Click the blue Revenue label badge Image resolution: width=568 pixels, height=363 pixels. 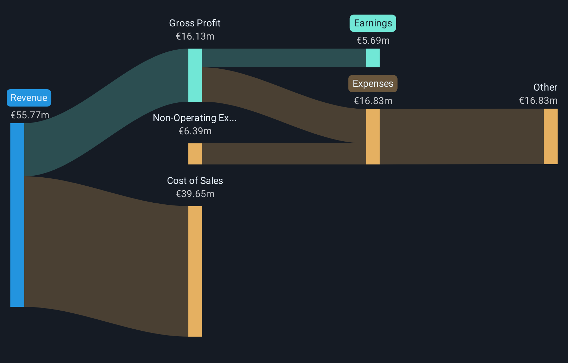coord(29,98)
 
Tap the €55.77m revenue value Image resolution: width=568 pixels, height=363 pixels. coord(30,115)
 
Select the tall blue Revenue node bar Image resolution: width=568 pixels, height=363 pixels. coord(17,215)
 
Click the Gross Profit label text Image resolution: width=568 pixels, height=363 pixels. coord(195,23)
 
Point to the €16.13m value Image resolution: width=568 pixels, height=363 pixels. coord(195,36)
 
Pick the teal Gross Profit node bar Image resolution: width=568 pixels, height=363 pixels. coord(195,75)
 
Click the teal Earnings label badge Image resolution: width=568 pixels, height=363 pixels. coord(373,23)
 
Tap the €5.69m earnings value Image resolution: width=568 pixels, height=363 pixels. coord(373,41)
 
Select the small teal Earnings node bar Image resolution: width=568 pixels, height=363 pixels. coord(373,58)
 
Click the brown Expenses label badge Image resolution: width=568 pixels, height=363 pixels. coord(373,84)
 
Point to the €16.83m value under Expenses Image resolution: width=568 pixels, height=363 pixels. coord(373,101)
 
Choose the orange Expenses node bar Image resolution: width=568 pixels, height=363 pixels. coord(373,136)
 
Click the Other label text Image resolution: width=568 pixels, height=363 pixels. coord(545,87)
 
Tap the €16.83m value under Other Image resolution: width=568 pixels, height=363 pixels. coord(538,101)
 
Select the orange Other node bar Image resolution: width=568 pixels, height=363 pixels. coord(550,136)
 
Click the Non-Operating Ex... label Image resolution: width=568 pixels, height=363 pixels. coord(195,118)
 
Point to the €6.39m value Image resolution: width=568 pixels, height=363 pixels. coord(195,131)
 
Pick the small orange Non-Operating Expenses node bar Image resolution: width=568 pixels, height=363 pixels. coord(195,154)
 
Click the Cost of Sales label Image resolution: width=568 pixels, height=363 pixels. coord(195,181)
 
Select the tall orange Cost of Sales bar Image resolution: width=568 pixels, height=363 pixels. coord(195,271)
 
